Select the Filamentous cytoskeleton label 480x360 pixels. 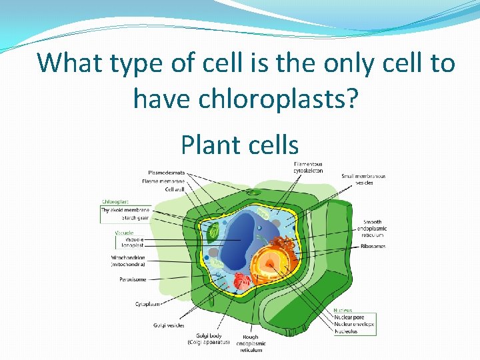click(x=308, y=167)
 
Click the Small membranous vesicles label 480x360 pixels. click(x=363, y=179)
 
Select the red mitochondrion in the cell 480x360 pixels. click(x=241, y=283)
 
